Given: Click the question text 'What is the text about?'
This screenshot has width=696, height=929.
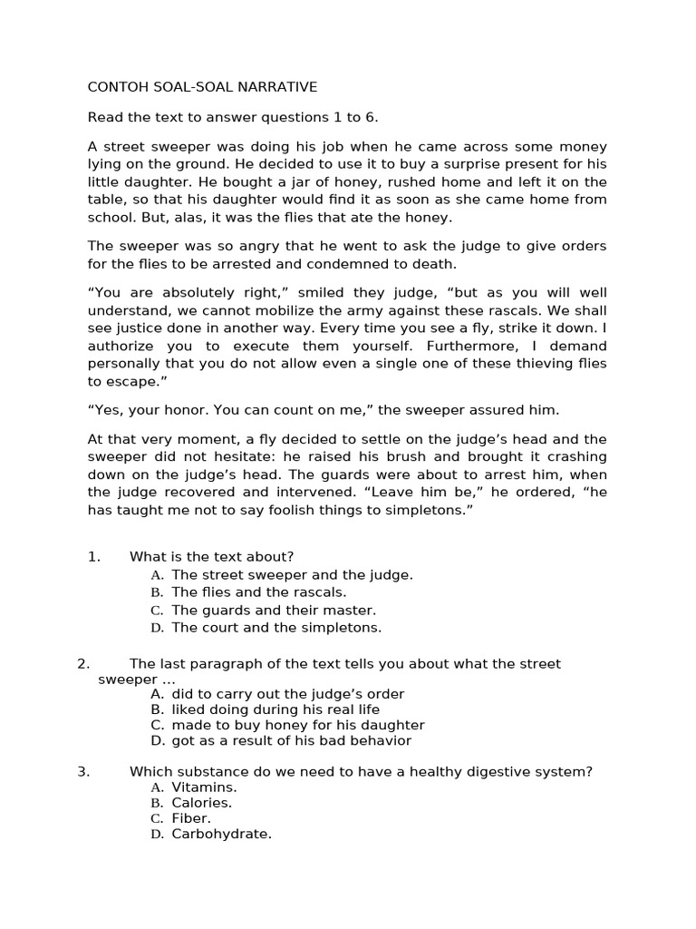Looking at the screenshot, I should pyautogui.click(x=211, y=557).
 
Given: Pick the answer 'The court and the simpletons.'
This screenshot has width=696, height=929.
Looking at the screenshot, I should pyautogui.click(x=276, y=627).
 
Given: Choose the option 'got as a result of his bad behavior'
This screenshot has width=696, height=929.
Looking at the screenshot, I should pyautogui.click(x=291, y=740).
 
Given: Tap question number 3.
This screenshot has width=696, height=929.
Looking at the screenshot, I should pyautogui.click(x=83, y=772).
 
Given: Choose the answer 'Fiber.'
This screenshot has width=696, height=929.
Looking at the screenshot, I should pyautogui.click(x=191, y=818).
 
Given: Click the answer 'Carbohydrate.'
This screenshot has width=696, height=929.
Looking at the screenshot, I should pyautogui.click(x=221, y=834).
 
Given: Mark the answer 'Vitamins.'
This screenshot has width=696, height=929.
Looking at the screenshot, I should pyautogui.click(x=204, y=787).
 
